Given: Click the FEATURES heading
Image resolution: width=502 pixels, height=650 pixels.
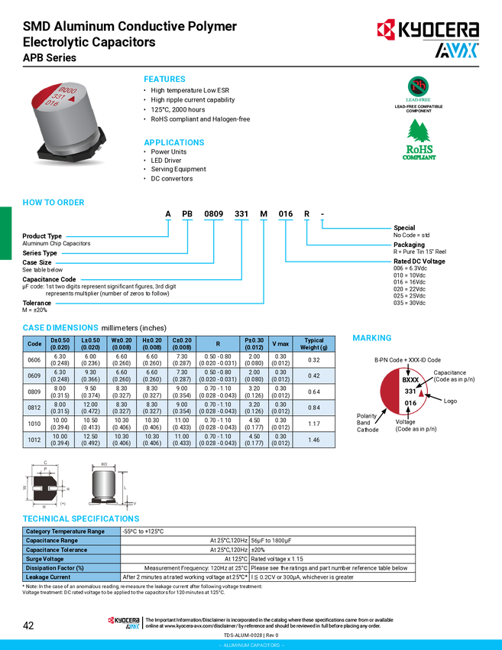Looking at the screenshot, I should click(x=164, y=80).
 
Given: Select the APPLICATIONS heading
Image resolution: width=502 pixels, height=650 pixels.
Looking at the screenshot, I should click(x=174, y=143).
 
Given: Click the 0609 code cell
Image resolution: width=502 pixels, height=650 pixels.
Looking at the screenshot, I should click(x=34, y=375).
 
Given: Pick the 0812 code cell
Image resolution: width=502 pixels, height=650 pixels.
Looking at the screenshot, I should click(x=34, y=408).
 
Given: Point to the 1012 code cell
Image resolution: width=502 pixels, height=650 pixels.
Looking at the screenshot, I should click(x=34, y=440).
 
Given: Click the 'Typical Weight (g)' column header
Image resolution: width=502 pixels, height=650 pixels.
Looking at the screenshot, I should click(x=313, y=343).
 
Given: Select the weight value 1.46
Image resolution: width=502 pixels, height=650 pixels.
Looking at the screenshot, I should click(x=313, y=440).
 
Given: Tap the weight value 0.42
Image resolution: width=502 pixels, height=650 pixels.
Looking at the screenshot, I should click(x=313, y=375).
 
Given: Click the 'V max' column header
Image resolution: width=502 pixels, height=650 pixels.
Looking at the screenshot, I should click(x=280, y=343).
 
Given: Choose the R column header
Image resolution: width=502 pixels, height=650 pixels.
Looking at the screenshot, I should click(x=218, y=343).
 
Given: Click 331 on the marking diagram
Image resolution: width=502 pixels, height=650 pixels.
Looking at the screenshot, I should click(x=410, y=391).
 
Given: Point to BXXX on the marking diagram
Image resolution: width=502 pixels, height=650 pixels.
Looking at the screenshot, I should click(x=410, y=379).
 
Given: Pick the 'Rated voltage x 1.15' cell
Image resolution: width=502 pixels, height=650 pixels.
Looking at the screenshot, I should click(x=279, y=558).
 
